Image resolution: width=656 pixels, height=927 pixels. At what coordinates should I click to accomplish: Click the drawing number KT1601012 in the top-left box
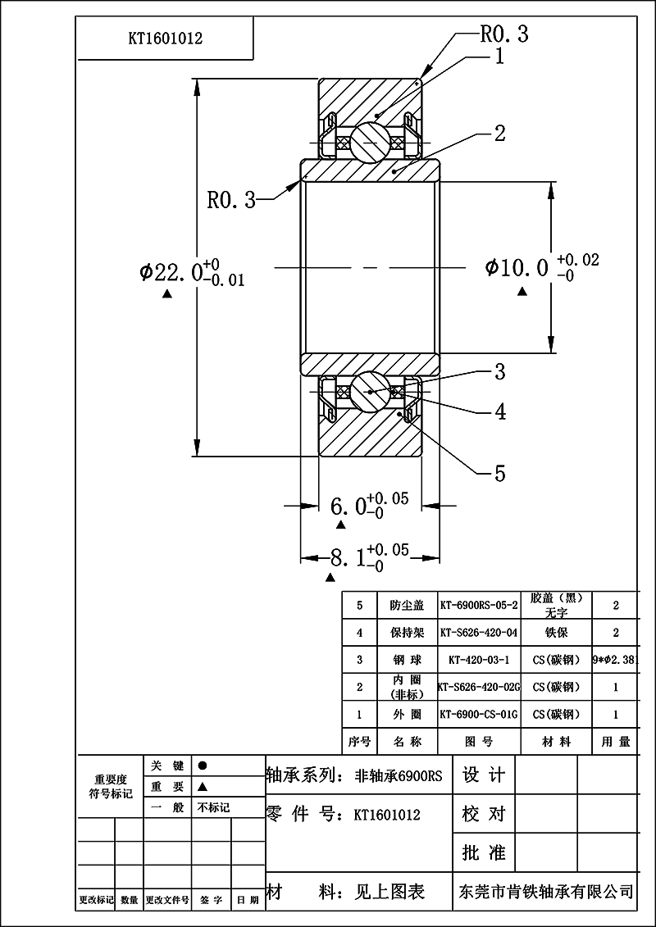165,38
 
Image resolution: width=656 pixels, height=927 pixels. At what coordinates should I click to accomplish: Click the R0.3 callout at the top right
503,34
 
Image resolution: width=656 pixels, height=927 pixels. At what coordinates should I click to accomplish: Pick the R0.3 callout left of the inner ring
231,199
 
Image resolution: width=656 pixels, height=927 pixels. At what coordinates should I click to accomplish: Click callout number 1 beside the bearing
499,57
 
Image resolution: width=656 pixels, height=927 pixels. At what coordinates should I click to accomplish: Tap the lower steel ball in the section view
370,392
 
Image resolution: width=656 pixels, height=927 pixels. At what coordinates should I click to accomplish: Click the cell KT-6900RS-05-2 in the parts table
479,606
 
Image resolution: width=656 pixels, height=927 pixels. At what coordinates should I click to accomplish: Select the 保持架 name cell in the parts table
407,633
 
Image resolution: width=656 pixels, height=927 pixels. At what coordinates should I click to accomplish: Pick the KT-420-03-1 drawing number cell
479,660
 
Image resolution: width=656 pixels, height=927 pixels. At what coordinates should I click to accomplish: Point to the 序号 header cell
359,742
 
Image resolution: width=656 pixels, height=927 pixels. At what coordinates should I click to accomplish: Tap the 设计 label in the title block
484,775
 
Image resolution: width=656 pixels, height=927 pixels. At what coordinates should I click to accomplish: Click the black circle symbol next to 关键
203,765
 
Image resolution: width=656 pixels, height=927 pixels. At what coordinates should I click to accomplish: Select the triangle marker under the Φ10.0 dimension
523,291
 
